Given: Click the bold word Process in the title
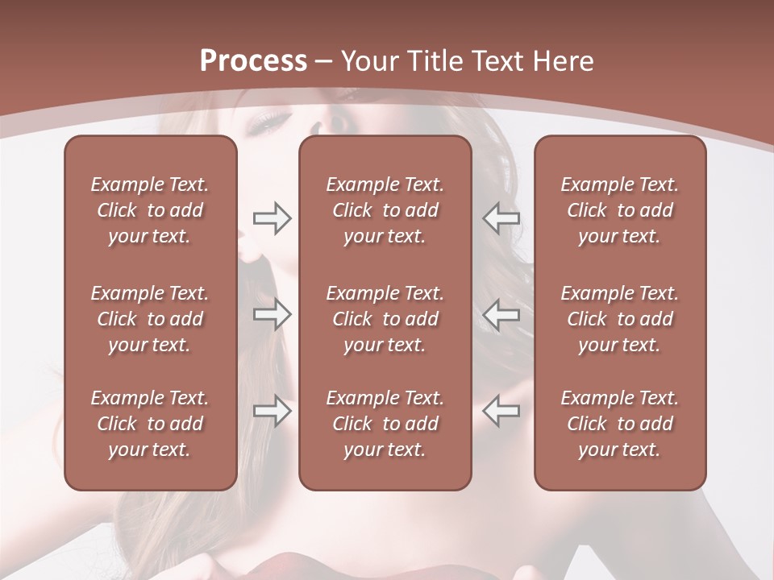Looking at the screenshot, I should [x=253, y=61].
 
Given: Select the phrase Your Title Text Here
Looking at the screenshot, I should [x=468, y=61].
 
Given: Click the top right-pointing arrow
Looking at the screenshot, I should [x=272, y=218].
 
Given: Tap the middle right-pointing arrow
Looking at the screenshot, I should [x=272, y=314].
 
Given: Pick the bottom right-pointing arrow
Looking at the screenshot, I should [x=272, y=411].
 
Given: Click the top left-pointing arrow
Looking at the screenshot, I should [x=501, y=218].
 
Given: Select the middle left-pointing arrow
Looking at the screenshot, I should [x=501, y=314].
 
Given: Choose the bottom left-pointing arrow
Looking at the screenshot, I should [x=501, y=411].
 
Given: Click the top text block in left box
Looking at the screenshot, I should [x=150, y=210].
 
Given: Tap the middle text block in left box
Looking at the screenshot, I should [x=150, y=319].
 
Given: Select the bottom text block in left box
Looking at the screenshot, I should [x=150, y=424].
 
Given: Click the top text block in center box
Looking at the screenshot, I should [x=385, y=210].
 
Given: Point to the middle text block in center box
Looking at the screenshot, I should [x=385, y=319].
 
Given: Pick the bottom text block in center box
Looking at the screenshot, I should [x=385, y=424].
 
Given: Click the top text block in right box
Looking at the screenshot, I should [x=619, y=210].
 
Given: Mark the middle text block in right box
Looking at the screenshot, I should [x=619, y=319].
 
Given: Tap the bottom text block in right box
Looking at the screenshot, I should [x=619, y=424].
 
